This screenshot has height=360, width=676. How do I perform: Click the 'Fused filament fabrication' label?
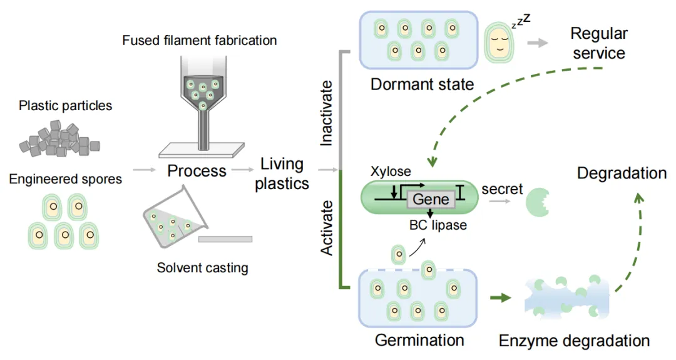tap(199, 41)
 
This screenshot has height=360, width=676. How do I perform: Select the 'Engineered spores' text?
tap(65, 180)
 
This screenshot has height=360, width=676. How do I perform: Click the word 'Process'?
tap(197, 171)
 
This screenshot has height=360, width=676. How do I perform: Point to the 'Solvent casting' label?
tap(202, 268)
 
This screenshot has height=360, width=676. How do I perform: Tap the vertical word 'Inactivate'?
tap(327, 113)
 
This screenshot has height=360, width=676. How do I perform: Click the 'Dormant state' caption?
tap(422, 84)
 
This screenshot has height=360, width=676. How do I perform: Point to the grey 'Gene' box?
tap(431, 199)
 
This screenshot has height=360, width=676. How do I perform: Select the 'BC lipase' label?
tap(436, 225)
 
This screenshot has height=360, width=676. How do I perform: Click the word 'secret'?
tap(502, 188)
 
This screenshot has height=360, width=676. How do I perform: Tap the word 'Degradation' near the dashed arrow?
tap(622, 173)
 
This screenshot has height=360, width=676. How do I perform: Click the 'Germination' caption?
tap(419, 341)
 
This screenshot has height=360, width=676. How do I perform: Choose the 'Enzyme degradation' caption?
tap(574, 341)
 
